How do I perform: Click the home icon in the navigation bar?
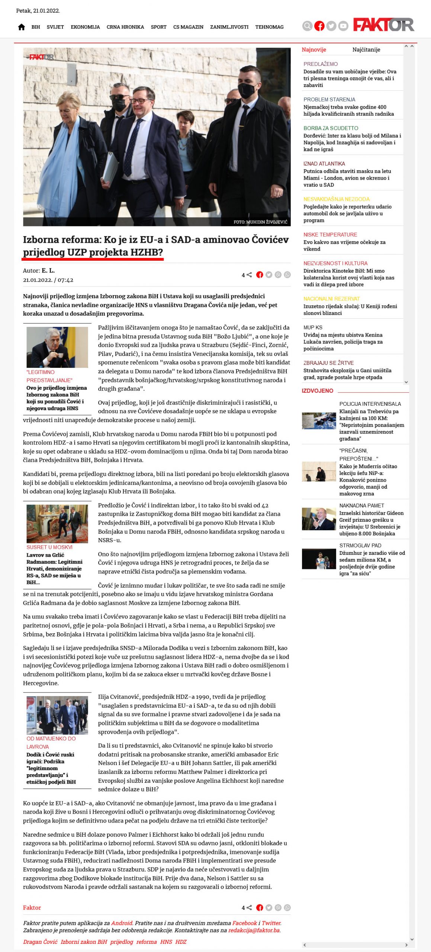click(x=22, y=27)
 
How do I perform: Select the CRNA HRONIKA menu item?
click(x=125, y=27)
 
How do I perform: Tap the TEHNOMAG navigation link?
click(x=269, y=27)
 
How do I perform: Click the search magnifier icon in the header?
click(x=307, y=26)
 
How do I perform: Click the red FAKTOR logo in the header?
click(x=383, y=25)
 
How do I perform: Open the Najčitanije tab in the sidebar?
click(x=366, y=49)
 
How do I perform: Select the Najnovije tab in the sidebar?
click(x=314, y=49)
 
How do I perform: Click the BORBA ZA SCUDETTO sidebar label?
click(x=331, y=128)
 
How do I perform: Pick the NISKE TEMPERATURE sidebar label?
click(x=330, y=235)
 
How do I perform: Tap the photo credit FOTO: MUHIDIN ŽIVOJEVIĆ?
click(x=260, y=222)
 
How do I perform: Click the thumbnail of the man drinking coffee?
click(x=57, y=347)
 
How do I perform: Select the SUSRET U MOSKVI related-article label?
click(x=49, y=547)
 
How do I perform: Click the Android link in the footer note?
click(x=122, y=923)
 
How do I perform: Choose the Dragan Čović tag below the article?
click(x=40, y=942)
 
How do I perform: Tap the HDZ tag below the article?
click(x=181, y=942)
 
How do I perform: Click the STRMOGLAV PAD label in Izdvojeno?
click(x=360, y=545)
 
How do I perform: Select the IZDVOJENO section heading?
click(x=317, y=390)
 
